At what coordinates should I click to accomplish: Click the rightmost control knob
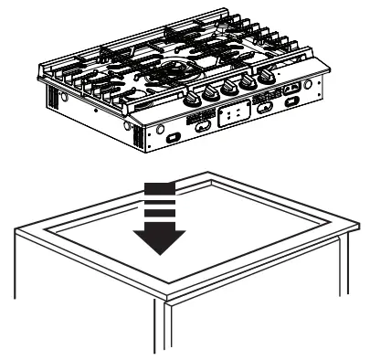tap(266, 79)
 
